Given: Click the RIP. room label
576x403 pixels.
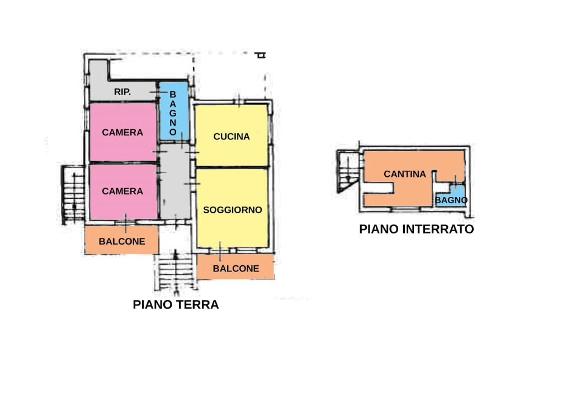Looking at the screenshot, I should click(122, 92).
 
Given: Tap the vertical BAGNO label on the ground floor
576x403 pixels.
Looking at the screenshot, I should click(173, 114).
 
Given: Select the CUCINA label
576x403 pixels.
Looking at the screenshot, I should click(232, 137).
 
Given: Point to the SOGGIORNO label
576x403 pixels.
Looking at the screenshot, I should click(233, 210).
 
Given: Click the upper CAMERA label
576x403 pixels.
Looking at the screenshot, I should click(122, 133).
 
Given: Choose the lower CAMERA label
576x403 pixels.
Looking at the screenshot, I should click(122, 191).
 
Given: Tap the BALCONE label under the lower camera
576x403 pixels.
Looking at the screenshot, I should click(122, 242).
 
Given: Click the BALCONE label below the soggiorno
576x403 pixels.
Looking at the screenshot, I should click(236, 269).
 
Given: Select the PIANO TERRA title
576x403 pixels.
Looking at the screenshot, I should click(176, 305).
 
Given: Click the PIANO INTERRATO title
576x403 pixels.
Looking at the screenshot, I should click(417, 229).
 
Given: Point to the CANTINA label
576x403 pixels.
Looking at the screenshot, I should click(405, 174).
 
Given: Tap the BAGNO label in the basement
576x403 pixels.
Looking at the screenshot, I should click(451, 200).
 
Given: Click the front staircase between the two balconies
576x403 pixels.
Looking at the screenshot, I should click(176, 273).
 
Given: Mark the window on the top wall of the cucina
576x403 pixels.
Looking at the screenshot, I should click(239, 101).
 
